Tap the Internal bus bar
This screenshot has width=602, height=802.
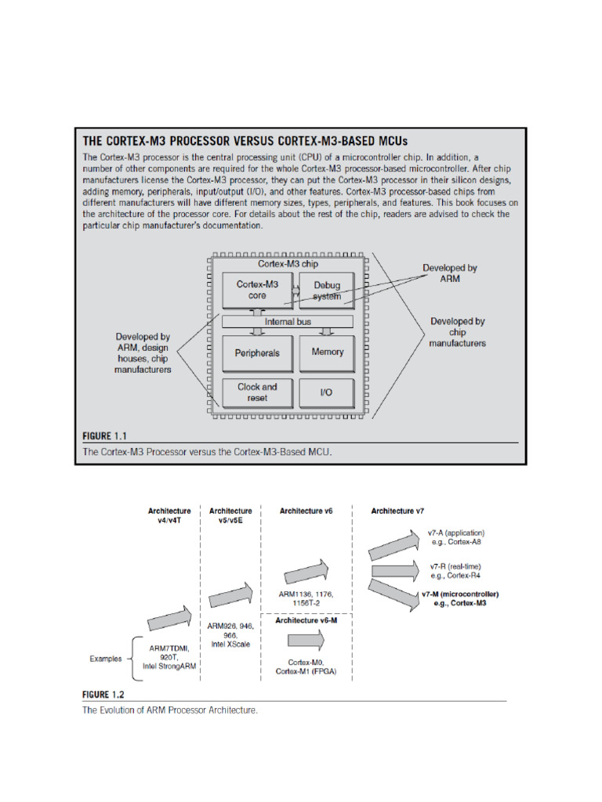[x=288, y=321]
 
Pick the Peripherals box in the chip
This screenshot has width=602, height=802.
[x=256, y=353]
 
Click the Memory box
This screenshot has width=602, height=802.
[x=328, y=352]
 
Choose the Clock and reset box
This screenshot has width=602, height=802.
[x=256, y=392]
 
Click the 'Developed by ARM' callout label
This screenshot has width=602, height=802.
[x=449, y=273]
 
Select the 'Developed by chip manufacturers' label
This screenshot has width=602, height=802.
[x=458, y=332]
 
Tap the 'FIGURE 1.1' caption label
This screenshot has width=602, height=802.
[x=105, y=435]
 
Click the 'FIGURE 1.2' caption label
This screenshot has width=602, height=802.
[x=104, y=694]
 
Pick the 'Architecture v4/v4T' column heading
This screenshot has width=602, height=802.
[x=169, y=515]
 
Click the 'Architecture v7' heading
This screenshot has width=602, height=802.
[x=397, y=511]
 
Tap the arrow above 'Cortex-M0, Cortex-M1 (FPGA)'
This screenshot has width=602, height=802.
[x=305, y=640]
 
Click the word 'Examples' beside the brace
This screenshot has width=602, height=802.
[x=105, y=659]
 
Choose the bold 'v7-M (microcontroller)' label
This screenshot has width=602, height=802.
[x=460, y=594]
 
